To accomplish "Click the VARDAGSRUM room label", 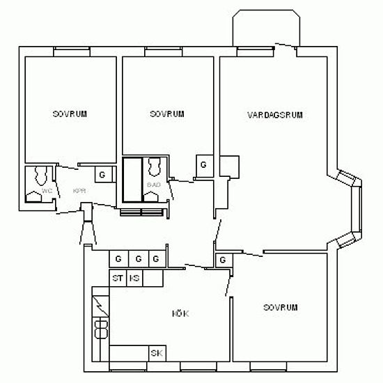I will (x=275, y=115).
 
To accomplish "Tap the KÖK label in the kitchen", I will (x=181, y=314).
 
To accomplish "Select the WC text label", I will (x=47, y=190).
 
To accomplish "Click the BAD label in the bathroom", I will (x=154, y=185).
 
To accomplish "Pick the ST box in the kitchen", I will (x=118, y=279).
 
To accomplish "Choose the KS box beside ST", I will (x=135, y=279).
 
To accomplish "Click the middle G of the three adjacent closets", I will (x=138, y=259).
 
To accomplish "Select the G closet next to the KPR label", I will (x=102, y=174).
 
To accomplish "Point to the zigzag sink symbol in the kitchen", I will (x=100, y=304).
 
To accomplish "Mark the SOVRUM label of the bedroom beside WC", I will (x=70, y=114).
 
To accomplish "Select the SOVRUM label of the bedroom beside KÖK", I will (x=281, y=308).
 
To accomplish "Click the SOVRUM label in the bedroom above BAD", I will (x=167, y=114).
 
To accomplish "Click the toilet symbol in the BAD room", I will (x=154, y=166).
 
